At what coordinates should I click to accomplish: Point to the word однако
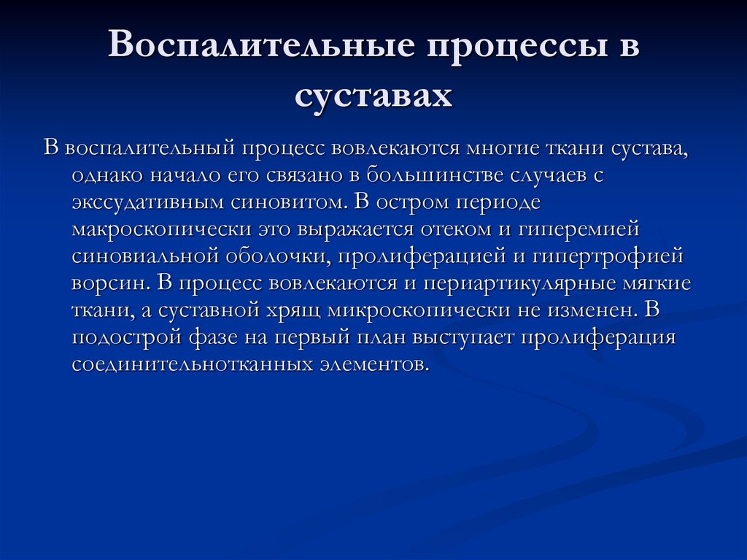[x=109, y=175]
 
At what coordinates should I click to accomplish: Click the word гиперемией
[x=580, y=229]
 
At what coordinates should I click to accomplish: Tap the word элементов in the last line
[x=371, y=364]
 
